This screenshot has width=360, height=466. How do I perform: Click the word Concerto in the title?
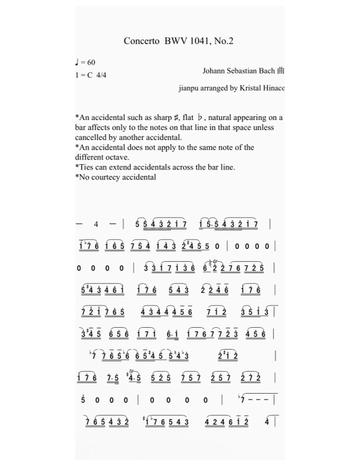(x=138, y=41)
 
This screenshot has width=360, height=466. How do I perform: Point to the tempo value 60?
(x=91, y=62)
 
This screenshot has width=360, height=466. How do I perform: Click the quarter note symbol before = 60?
(x=77, y=62)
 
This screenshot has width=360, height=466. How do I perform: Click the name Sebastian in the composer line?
(x=241, y=71)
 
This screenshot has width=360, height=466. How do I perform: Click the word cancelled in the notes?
(x=92, y=138)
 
